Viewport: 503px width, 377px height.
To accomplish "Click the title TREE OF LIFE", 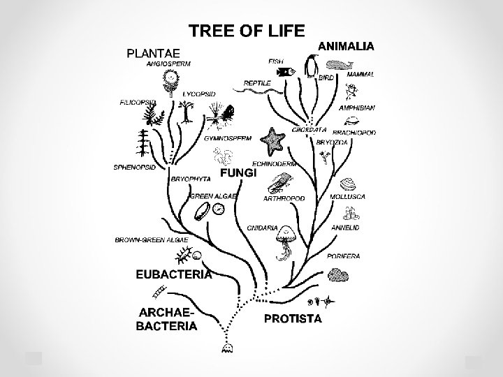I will point(247,30).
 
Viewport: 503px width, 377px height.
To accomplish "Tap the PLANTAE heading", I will point(153,52).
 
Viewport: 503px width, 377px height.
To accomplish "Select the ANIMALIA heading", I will point(347,45).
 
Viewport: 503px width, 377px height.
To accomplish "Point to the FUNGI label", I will point(239,172).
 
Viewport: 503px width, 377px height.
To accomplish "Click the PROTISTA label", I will point(293,319).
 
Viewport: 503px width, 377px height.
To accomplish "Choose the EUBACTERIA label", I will point(173,274).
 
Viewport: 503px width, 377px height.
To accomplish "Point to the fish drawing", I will point(285,72).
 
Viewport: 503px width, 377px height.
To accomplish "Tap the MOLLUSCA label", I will point(347,197).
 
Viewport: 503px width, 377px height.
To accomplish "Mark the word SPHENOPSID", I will point(135,168).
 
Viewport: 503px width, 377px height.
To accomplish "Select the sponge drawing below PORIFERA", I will point(340,274).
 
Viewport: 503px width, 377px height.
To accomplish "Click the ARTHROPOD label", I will point(284,198).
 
